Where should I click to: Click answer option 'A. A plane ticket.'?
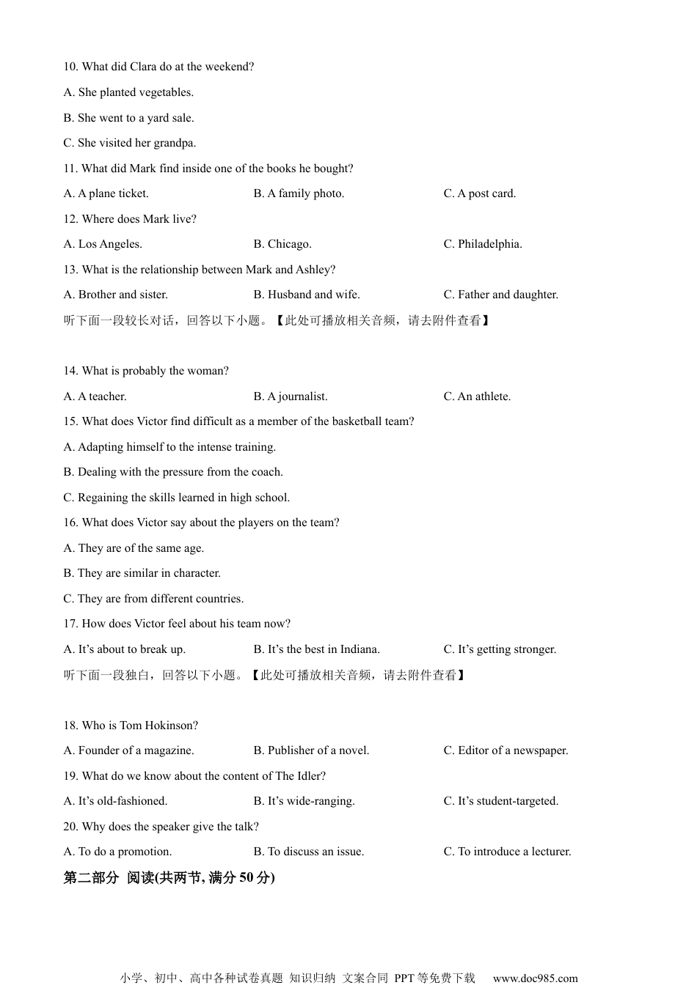[x=106, y=193]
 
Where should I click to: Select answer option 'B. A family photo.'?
[x=299, y=193]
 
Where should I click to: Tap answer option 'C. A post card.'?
[x=479, y=193]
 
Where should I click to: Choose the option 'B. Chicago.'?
[x=282, y=244]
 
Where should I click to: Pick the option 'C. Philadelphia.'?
[x=483, y=244]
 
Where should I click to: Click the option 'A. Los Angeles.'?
[x=103, y=244]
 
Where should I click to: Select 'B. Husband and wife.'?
[x=307, y=295]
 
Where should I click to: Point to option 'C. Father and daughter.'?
[x=500, y=295]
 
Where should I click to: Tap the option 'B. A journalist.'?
[x=291, y=396]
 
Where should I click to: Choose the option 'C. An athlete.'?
[x=477, y=396]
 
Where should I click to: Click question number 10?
[x=70, y=67]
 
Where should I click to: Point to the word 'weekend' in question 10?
[x=230, y=67]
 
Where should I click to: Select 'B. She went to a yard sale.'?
[x=128, y=118]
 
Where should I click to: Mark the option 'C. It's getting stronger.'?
[x=500, y=649]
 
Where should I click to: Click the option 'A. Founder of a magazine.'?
[x=128, y=750]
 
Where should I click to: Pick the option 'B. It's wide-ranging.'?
[x=304, y=801]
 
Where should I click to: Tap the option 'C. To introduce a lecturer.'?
[x=507, y=852]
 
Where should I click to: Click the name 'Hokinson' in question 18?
[x=170, y=726]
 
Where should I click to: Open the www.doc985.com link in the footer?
[x=535, y=978]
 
